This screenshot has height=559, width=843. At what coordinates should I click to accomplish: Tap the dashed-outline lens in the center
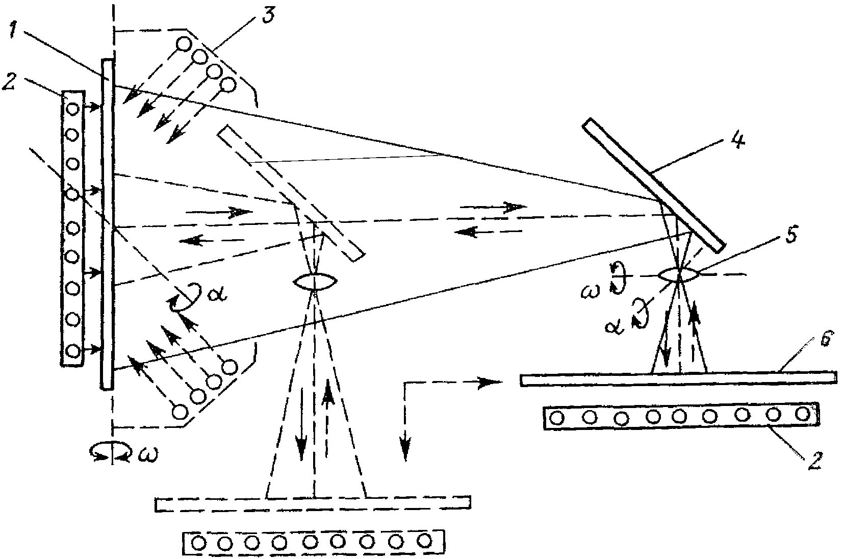[315, 282]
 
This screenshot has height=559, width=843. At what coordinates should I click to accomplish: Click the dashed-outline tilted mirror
[291, 194]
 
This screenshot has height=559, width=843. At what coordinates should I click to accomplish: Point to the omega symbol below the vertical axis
[147, 453]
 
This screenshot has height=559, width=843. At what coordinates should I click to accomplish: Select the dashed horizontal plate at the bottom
[312, 502]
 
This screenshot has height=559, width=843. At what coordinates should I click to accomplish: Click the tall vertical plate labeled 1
[107, 224]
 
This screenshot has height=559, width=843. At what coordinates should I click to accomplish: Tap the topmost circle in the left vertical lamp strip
[73, 109]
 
